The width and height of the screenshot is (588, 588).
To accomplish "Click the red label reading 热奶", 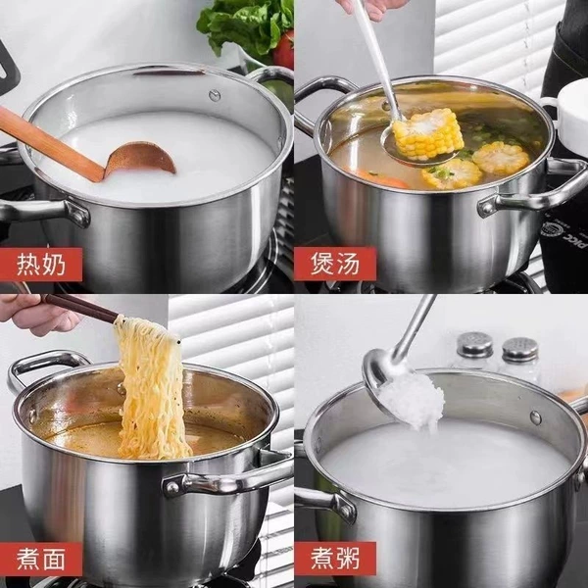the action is [41, 264].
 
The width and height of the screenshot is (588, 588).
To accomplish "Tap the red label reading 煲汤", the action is [335, 264].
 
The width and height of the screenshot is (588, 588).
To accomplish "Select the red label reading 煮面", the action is [41, 559].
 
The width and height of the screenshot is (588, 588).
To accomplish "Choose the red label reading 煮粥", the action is [335, 559].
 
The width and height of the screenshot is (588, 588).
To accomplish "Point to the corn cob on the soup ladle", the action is [427, 134].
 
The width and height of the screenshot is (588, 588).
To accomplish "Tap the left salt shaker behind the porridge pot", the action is [475, 351].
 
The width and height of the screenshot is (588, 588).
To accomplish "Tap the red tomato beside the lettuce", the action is [284, 49].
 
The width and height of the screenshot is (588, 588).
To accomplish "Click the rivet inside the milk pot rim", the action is [215, 95].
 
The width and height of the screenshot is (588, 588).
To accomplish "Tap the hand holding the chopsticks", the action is [37, 315].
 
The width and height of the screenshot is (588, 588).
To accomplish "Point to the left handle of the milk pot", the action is [41, 213].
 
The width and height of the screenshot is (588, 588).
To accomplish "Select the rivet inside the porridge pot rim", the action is [536, 417].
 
